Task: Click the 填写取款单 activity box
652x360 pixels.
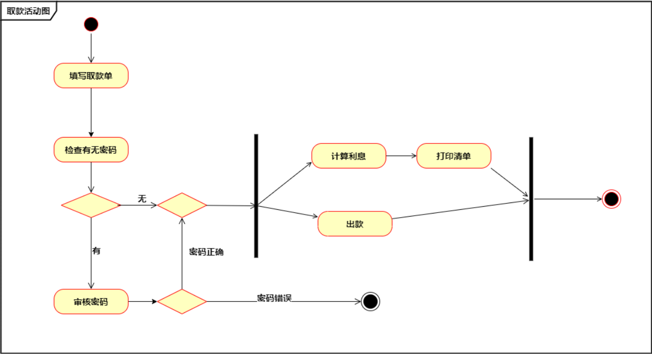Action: (91, 76)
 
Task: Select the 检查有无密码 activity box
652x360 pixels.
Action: (91, 150)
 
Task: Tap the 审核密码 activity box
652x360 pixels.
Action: (91, 301)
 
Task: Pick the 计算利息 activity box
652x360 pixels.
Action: (349, 156)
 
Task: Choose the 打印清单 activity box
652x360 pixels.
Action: (454, 156)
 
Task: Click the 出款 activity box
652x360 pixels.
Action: (355, 224)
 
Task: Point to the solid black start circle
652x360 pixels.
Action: (91, 24)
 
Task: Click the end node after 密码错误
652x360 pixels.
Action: (370, 301)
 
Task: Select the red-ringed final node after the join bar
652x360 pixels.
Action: (611, 199)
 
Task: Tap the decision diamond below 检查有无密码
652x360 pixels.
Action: (91, 205)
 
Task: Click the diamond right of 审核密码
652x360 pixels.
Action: (182, 301)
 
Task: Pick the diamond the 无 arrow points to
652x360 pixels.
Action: (182, 205)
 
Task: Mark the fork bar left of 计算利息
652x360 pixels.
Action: (256, 196)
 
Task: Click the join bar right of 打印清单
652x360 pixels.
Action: (531, 199)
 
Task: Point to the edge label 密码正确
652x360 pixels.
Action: (206, 252)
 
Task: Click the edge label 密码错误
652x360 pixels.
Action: (274, 298)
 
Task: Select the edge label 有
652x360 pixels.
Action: (96, 251)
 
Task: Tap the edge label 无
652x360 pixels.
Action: (142, 199)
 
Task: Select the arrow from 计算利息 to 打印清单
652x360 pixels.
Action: (401, 156)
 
